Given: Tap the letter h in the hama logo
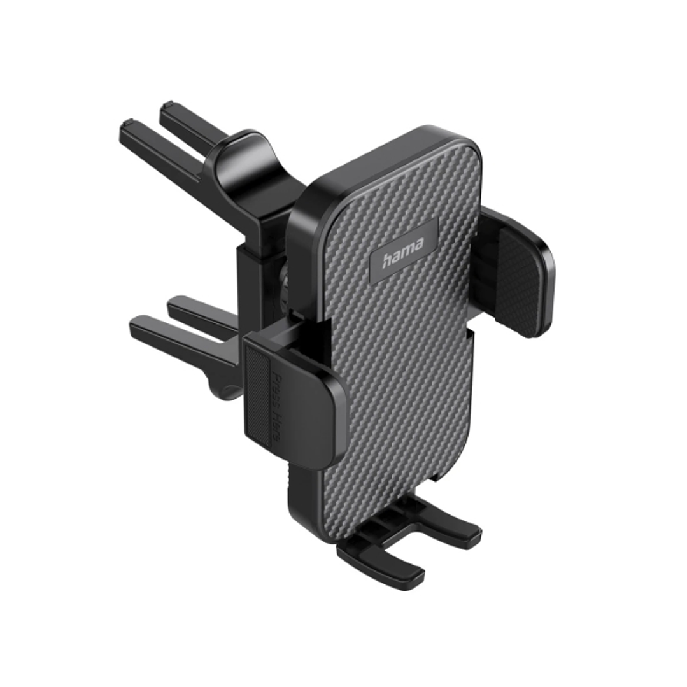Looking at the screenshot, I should [387, 260].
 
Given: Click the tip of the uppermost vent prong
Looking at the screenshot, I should [168, 108].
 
